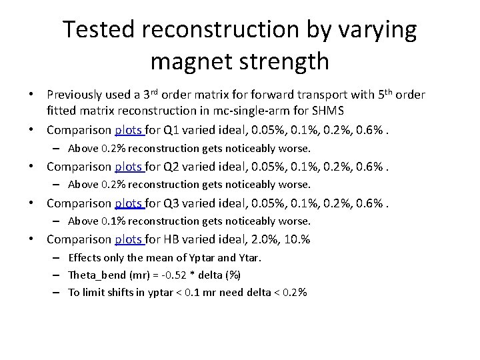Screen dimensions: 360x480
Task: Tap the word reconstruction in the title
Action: pos(237,30)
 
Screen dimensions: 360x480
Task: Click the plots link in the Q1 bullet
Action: pos(130,130)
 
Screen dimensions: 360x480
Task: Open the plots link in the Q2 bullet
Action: pos(130,167)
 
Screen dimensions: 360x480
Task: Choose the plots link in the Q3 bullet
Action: pos(130,203)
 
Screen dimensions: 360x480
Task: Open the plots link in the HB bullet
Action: pos(130,239)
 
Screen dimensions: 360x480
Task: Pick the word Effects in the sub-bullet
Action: pos(85,257)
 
